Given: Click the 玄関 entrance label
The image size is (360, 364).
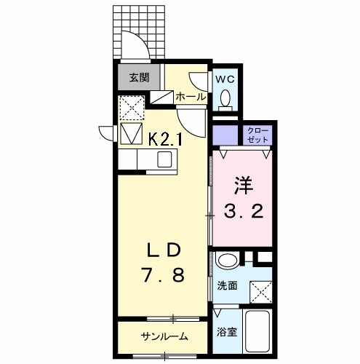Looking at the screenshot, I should click(x=140, y=76).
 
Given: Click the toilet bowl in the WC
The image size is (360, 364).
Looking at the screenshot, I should click(x=225, y=97).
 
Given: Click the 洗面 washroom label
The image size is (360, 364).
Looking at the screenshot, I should click(x=227, y=286).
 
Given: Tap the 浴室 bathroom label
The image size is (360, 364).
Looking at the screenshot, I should click(x=226, y=333).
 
